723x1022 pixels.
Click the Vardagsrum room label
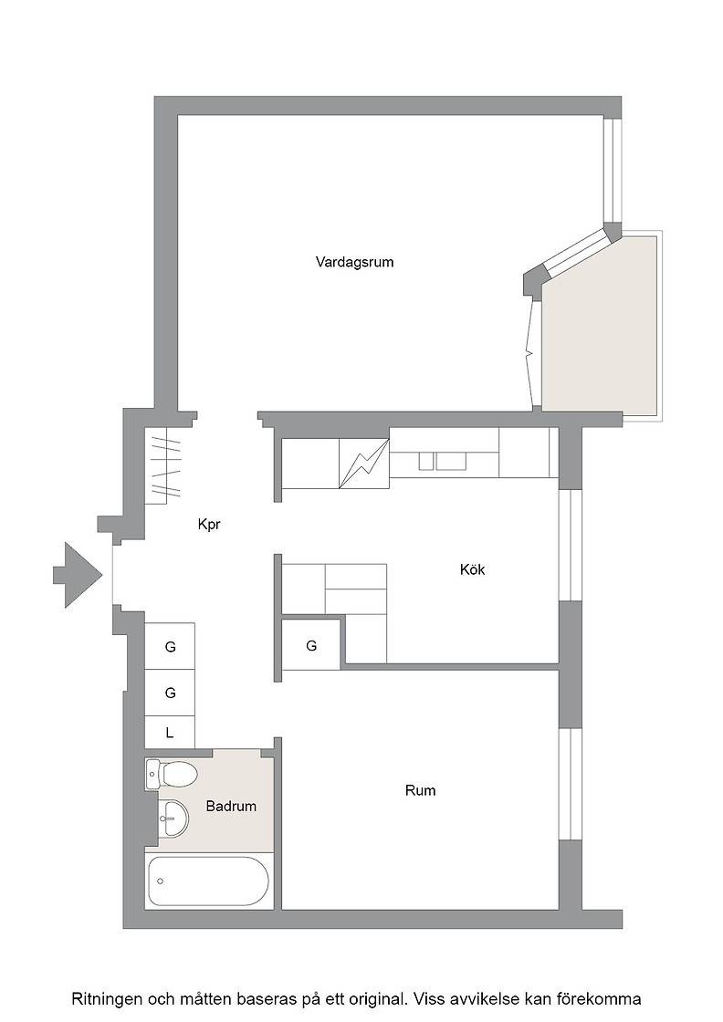click(355, 262)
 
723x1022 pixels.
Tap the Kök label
click(473, 569)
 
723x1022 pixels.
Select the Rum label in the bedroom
click(421, 790)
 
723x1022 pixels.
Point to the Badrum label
click(231, 807)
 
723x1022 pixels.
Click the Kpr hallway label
click(209, 524)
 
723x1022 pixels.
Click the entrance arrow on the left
click(78, 575)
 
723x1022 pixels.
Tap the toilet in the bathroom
click(172, 775)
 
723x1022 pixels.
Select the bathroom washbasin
click(173, 818)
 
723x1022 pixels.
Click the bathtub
click(208, 881)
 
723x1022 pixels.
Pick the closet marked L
click(170, 733)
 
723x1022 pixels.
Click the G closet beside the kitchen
click(311, 645)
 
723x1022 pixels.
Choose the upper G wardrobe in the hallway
click(170, 647)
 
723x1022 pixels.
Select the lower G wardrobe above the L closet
click(170, 693)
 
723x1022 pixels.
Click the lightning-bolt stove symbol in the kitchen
click(363, 463)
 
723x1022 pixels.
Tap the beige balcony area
click(600, 324)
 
